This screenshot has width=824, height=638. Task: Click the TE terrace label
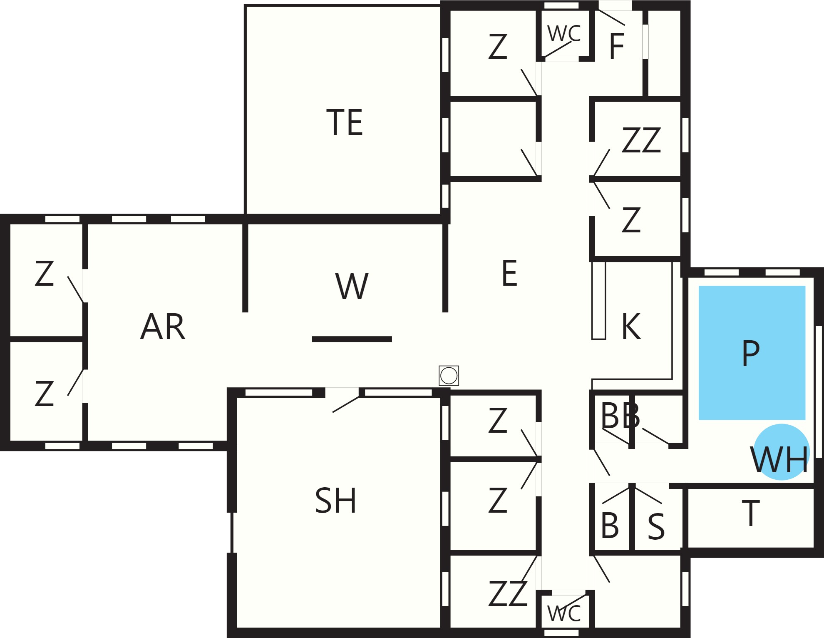pyautogui.click(x=345, y=122)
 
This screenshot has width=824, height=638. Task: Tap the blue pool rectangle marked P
pyautogui.click(x=752, y=352)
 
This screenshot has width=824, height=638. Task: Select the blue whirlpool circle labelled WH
pyautogui.click(x=781, y=452)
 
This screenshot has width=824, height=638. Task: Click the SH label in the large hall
pyautogui.click(x=335, y=500)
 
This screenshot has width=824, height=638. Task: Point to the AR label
pyautogui.click(x=163, y=326)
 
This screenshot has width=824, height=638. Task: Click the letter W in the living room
pyautogui.click(x=352, y=286)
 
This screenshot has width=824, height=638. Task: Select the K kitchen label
pyautogui.click(x=631, y=326)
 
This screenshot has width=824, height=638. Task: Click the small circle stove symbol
pyautogui.click(x=449, y=376)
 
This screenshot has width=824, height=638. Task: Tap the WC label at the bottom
pyautogui.click(x=564, y=613)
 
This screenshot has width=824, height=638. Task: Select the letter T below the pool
pyautogui.click(x=751, y=513)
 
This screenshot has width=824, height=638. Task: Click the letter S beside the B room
pyautogui.click(x=656, y=526)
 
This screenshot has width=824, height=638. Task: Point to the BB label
pyautogui.click(x=620, y=415)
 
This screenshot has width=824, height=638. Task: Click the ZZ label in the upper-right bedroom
pyautogui.click(x=641, y=140)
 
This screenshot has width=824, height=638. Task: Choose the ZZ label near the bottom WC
pyautogui.click(x=508, y=593)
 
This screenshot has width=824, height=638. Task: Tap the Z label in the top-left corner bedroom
pyautogui.click(x=44, y=273)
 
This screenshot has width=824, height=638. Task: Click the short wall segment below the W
pyautogui.click(x=352, y=339)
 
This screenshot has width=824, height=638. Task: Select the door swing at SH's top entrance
pyautogui.click(x=346, y=404)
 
